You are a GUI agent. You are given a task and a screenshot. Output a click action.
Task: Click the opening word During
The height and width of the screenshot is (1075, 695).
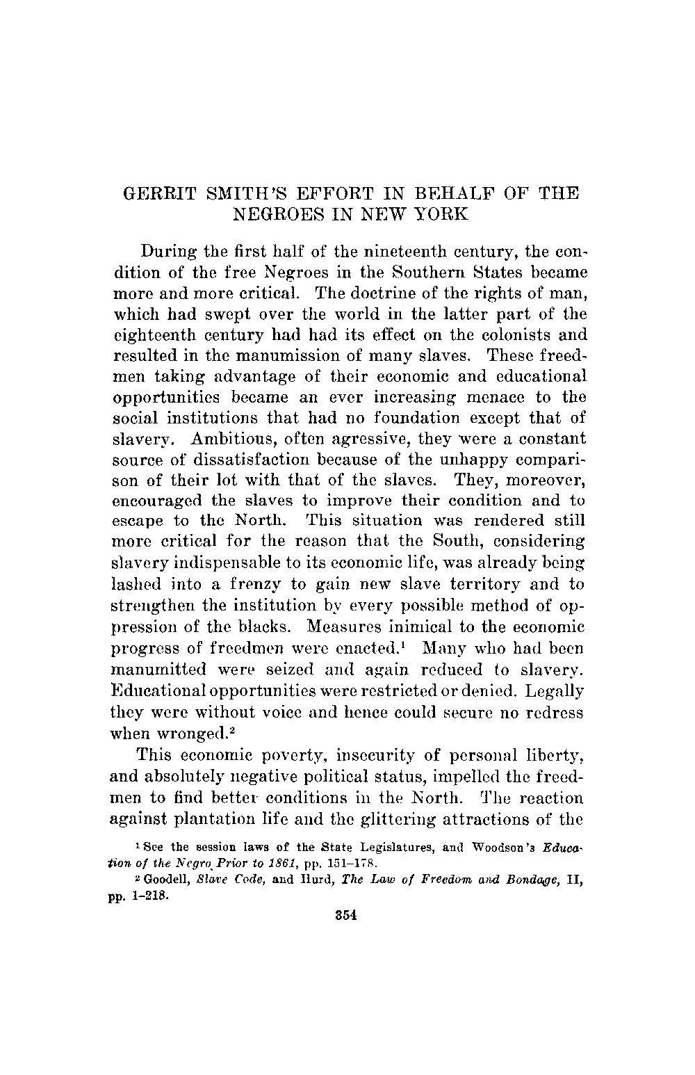click(170, 250)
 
